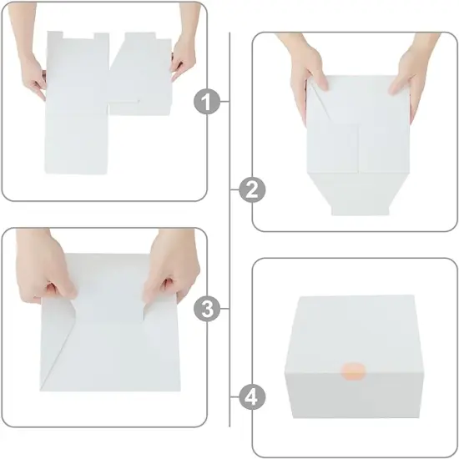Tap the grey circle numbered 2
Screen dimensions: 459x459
(248, 190)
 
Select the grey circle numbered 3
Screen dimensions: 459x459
(209, 310)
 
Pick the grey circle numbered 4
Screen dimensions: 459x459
(248, 397)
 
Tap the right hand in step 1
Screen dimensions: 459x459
(183, 54)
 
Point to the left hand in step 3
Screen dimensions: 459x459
(46, 271)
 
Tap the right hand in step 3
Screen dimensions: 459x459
(170, 271)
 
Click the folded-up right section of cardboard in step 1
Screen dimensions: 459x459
(142, 75)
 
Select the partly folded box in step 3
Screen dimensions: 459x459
(108, 334)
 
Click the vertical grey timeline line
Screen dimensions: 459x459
(229, 250)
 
